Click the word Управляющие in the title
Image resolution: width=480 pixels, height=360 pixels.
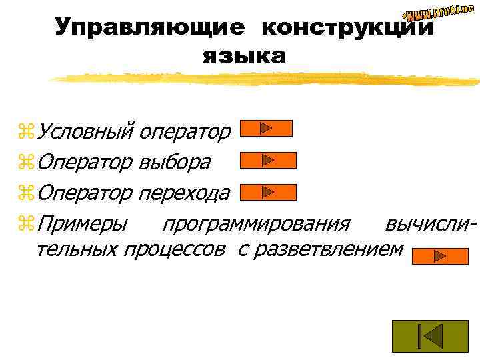(x=150, y=27)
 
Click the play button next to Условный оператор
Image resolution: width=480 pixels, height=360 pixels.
(x=266, y=128)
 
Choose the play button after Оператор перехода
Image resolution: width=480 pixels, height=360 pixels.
(x=267, y=192)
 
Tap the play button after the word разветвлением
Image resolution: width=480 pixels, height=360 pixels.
(x=440, y=256)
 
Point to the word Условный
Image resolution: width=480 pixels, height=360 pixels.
(x=87, y=131)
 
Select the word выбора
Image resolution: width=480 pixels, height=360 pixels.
(x=175, y=162)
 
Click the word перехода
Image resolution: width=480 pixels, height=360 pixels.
(x=185, y=193)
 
